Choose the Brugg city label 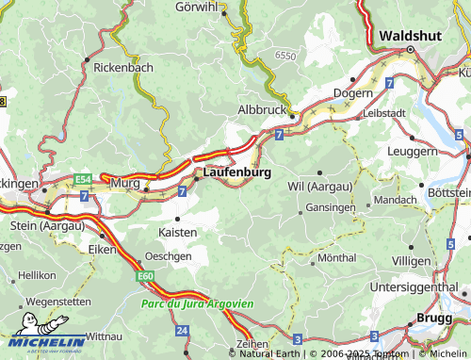tap(434, 319)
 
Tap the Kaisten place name tap(178, 231)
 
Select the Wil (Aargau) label tap(320, 187)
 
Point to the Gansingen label tap(331, 206)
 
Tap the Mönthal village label tap(337, 257)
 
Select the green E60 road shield tap(144, 275)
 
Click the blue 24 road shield tap(181, 330)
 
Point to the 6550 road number tap(284, 57)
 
